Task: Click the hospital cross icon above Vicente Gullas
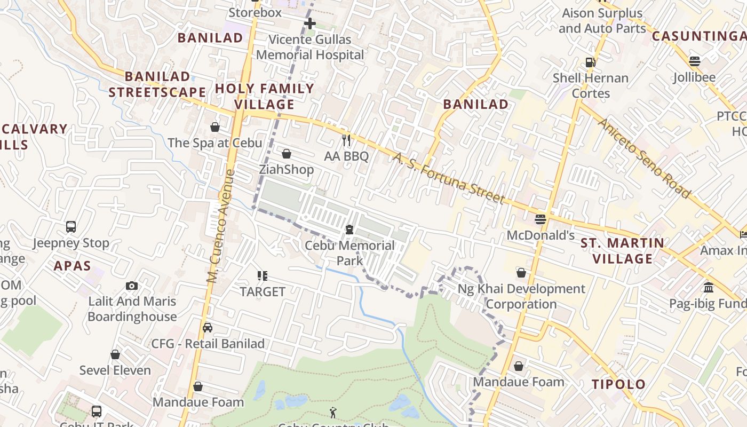click(x=309, y=23)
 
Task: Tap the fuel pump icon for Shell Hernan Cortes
click(x=590, y=62)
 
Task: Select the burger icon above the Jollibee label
click(x=694, y=61)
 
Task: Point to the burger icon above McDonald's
click(x=541, y=219)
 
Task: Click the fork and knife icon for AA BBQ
click(x=347, y=140)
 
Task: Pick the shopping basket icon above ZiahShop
click(x=287, y=154)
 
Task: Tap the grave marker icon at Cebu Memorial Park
click(x=349, y=230)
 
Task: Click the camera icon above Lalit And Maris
click(x=132, y=286)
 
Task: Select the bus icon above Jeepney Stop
click(x=71, y=227)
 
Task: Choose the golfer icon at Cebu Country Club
click(x=333, y=412)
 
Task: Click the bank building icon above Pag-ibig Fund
click(x=709, y=287)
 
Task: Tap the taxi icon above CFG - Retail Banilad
click(x=208, y=328)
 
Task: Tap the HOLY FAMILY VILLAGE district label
click(x=265, y=96)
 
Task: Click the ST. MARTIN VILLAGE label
click(x=623, y=251)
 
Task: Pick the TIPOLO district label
click(x=618, y=384)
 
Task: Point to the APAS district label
click(x=72, y=266)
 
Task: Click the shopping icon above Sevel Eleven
click(x=115, y=354)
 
